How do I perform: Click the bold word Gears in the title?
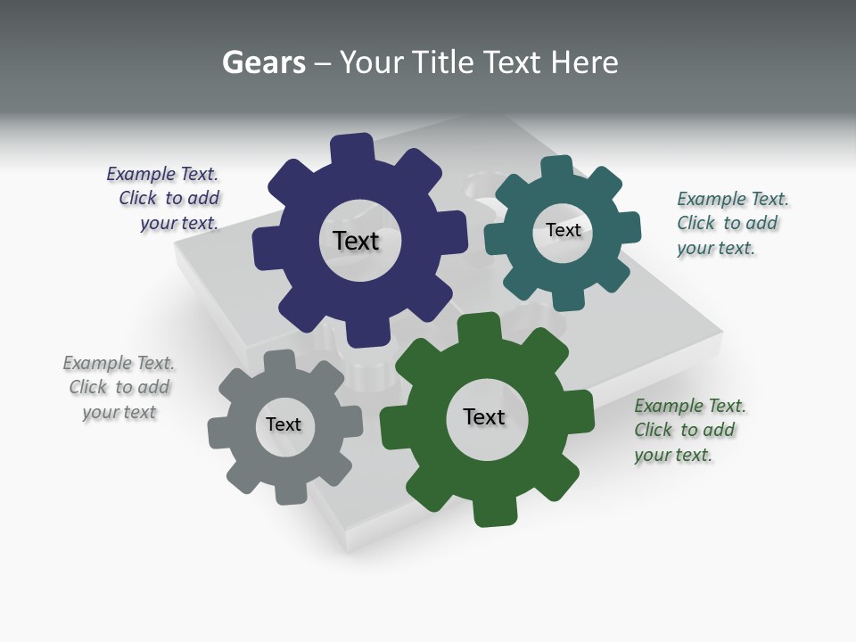[264, 62]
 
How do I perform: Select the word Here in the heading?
[584, 62]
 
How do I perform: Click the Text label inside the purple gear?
[356, 241]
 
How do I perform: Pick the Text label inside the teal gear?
[563, 230]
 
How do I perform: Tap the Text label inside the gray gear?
[284, 424]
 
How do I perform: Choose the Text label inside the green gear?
[484, 416]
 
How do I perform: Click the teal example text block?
[731, 223]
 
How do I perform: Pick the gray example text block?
[119, 387]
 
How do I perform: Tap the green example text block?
[688, 430]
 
